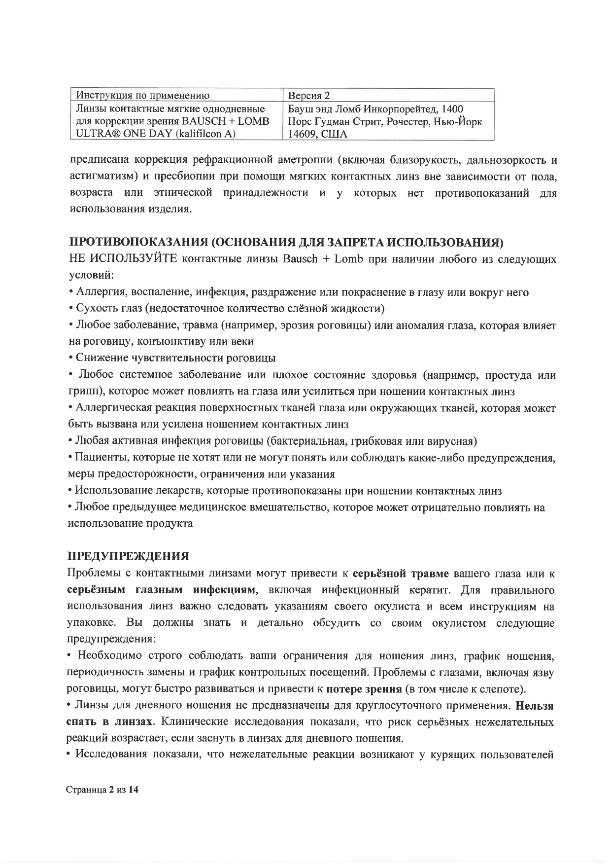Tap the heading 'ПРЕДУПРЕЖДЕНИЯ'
[128, 556]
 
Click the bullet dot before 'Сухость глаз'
[71, 309]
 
